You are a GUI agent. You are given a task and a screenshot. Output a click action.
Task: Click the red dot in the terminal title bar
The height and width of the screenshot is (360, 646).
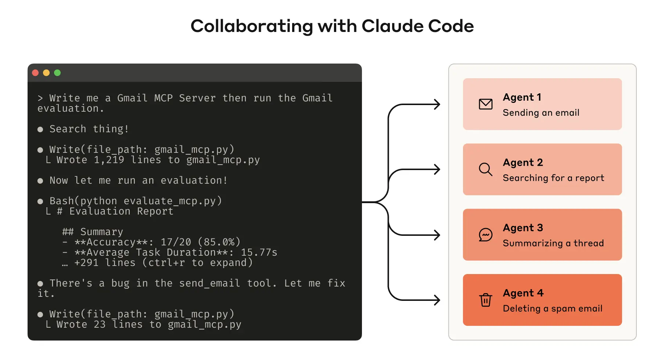[x=36, y=73]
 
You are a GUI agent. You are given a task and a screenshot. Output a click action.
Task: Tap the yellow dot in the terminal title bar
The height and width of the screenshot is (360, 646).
[x=46, y=73]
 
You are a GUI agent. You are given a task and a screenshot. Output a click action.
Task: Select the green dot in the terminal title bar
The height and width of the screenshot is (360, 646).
[x=57, y=73]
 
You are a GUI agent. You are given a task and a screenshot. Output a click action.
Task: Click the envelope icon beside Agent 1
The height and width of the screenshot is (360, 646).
[x=485, y=104]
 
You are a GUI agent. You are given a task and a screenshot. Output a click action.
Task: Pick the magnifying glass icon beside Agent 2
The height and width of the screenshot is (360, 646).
[x=485, y=169]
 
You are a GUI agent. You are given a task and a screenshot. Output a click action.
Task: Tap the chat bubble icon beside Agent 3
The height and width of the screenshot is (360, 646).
[x=485, y=235]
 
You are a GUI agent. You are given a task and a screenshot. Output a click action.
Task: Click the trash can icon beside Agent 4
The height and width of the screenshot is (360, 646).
[x=485, y=300]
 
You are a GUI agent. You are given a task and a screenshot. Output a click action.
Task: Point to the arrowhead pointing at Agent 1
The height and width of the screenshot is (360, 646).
[x=437, y=104]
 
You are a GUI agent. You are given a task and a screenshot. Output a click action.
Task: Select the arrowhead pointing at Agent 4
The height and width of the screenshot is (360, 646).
[x=437, y=300]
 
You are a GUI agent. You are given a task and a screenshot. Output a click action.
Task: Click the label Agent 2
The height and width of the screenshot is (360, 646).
[x=523, y=162]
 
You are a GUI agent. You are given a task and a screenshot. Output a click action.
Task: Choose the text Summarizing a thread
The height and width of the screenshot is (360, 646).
[x=553, y=243]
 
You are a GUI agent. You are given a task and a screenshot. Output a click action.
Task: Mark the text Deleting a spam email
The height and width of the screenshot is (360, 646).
[x=553, y=309]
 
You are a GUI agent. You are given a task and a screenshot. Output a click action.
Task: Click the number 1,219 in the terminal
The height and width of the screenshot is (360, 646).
[x=109, y=160]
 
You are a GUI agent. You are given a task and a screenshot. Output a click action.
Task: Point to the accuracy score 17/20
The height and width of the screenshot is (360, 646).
[x=176, y=242]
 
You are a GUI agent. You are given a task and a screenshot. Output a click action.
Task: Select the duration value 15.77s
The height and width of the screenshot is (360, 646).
[x=259, y=252]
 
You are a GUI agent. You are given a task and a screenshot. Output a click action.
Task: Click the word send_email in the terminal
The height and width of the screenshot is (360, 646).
[x=209, y=283]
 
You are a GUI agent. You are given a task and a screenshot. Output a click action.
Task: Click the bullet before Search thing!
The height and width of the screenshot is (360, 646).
[x=40, y=129]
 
